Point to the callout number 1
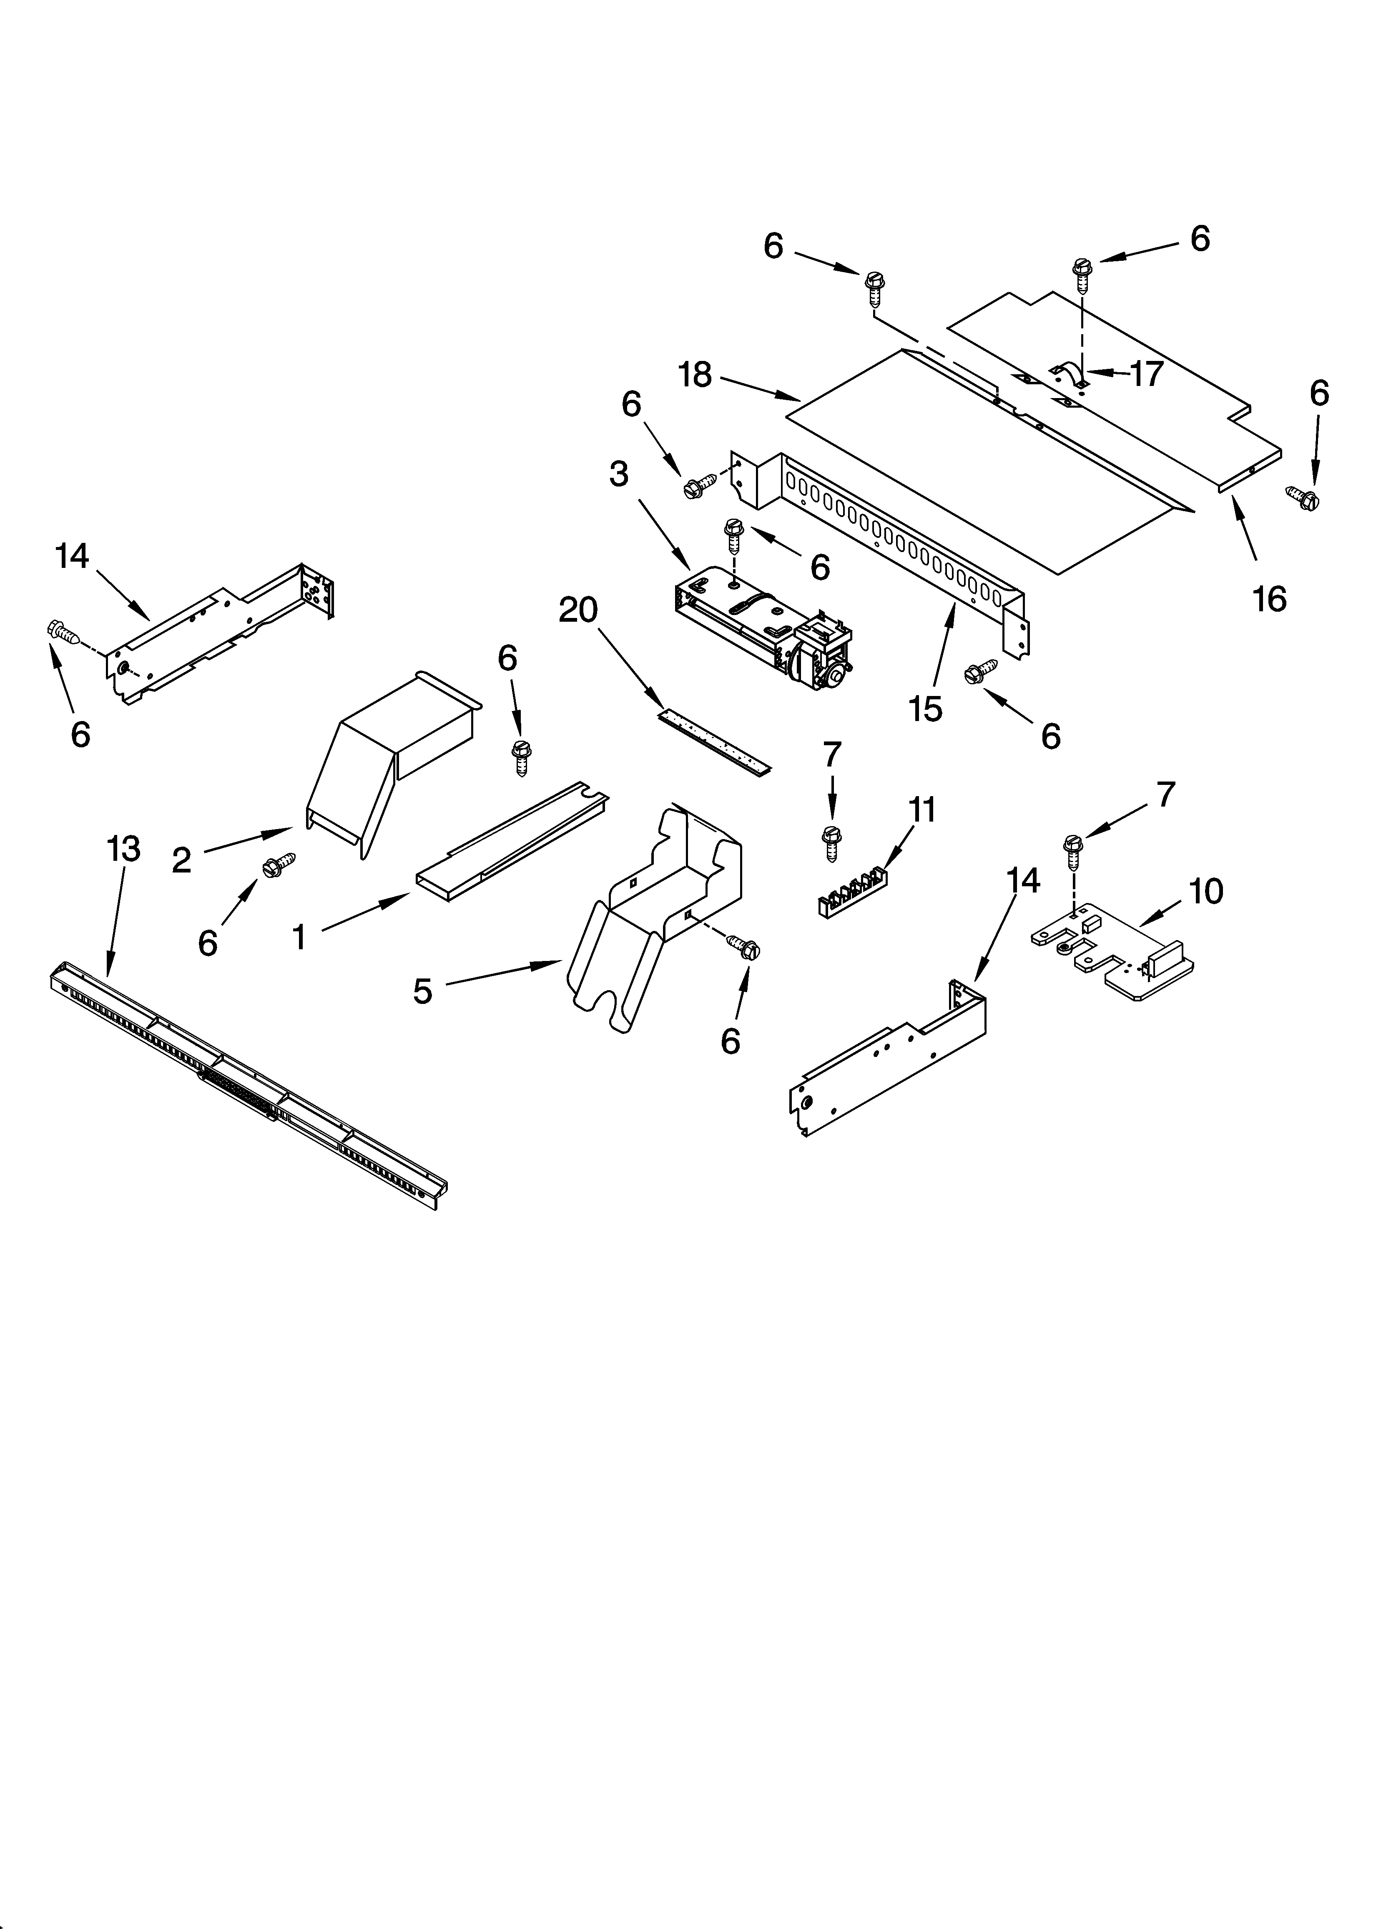(x=299, y=937)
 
